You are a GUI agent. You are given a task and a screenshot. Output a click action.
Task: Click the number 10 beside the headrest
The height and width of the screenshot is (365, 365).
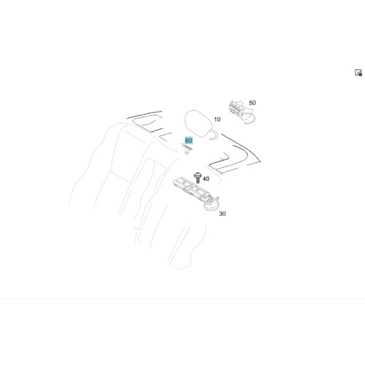217,120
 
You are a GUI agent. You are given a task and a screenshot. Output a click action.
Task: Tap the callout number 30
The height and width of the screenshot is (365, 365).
222,214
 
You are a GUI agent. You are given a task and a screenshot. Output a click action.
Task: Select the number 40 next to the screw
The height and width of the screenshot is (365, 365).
206,179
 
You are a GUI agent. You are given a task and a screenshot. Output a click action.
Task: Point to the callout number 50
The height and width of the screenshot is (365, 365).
253,103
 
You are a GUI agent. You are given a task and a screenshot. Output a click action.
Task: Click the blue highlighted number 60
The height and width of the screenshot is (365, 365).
188,140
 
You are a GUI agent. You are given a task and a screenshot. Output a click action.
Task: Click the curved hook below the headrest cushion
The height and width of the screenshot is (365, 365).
213,135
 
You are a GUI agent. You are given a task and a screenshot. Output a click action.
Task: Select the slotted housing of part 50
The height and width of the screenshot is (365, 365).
237,108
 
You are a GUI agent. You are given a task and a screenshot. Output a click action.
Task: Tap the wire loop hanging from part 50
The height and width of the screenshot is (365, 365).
250,119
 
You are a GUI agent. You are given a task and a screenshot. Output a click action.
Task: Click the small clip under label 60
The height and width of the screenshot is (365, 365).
187,149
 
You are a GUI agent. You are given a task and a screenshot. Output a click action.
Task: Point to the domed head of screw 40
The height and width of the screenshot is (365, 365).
198,175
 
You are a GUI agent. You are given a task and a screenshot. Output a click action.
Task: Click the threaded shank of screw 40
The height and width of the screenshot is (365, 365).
198,180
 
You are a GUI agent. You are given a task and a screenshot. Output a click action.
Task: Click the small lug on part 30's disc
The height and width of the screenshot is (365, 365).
217,198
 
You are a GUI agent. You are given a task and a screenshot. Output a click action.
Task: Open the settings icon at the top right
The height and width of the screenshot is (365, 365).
358,72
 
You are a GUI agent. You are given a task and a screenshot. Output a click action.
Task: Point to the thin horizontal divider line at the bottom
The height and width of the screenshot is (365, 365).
182,299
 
